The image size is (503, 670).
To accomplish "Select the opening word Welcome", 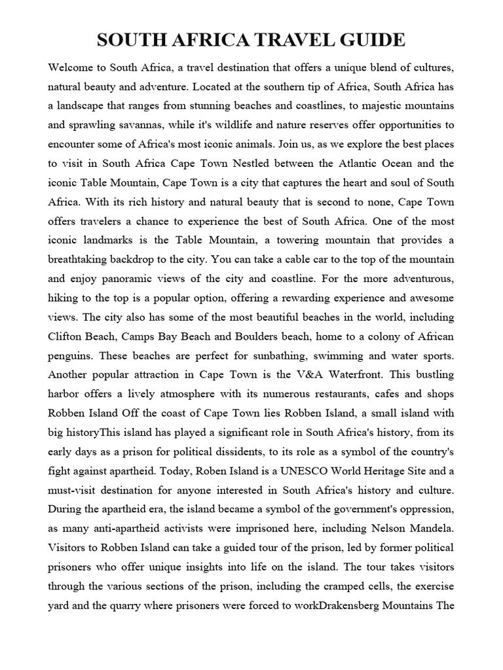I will click(x=69, y=67).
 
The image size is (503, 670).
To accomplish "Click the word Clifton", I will click(x=67, y=337).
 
